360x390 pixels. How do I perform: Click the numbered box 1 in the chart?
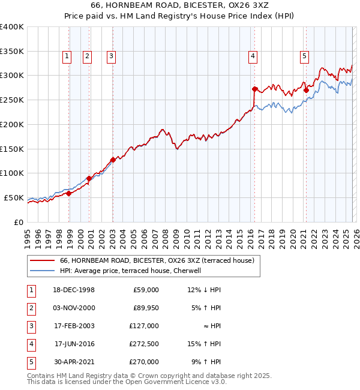[66, 56]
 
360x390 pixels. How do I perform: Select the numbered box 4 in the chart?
[253, 56]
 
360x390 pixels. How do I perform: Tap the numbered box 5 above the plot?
[304, 56]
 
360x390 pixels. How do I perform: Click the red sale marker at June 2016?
[255, 89]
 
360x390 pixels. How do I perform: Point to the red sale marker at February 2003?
[113, 160]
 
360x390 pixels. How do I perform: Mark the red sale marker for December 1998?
[69, 193]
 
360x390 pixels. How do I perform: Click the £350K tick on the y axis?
[11, 51]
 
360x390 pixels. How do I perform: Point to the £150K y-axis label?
[11, 149]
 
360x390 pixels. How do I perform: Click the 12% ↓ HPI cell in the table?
[204, 289]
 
